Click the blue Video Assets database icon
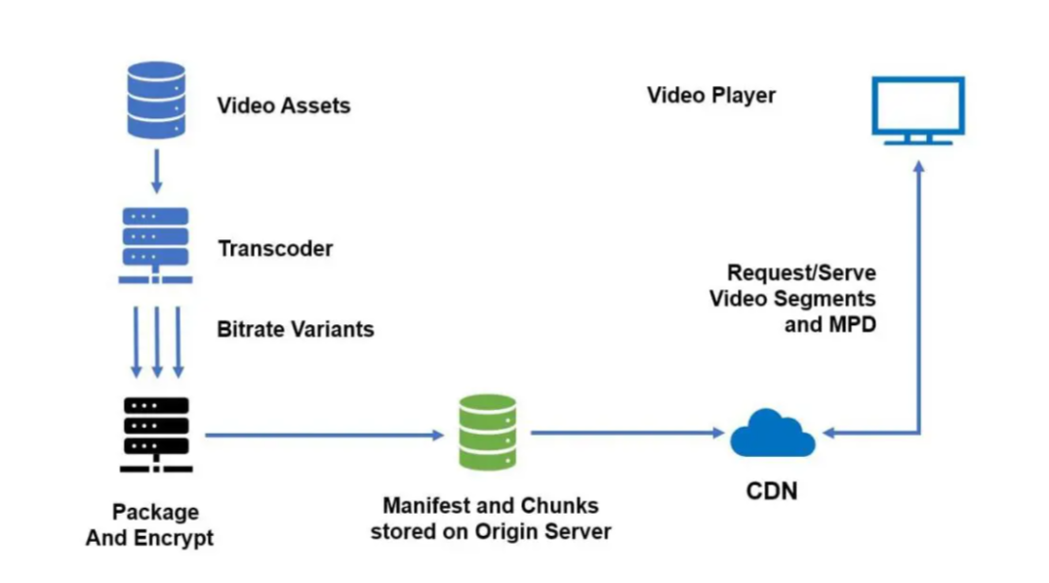156,100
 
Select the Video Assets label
283,104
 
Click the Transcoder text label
275,248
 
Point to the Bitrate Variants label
295,328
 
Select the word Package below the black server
155,512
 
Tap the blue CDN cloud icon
772,434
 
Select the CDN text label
772,490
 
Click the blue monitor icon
917,109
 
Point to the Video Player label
711,95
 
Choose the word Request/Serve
801,273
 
